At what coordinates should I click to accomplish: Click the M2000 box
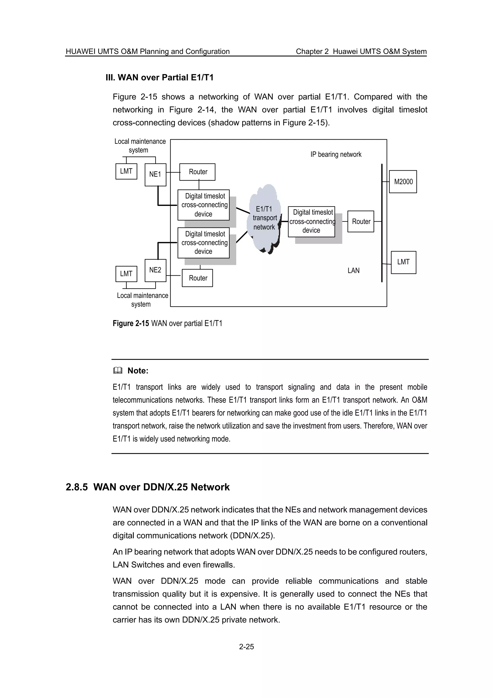pyautogui.click(x=403, y=182)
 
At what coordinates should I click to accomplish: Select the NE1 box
pyautogui.click(x=155, y=174)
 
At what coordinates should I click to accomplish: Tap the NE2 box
pyautogui.click(x=155, y=270)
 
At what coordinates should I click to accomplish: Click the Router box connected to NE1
pyautogui.click(x=197, y=172)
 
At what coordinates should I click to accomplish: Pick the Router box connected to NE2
pyautogui.click(x=197, y=278)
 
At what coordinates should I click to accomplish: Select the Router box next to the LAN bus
pyautogui.click(x=361, y=221)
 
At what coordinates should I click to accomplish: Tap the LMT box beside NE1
pyautogui.click(x=126, y=171)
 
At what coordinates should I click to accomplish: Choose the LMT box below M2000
pyautogui.click(x=403, y=262)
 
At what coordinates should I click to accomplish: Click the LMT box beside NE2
pyautogui.click(x=126, y=274)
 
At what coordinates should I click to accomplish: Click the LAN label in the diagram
pyautogui.click(x=353, y=270)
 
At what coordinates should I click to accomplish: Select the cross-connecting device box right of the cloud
pyautogui.click(x=311, y=221)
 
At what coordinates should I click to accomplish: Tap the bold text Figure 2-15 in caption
pyautogui.click(x=131, y=323)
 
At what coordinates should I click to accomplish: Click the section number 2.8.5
pyautogui.click(x=77, y=487)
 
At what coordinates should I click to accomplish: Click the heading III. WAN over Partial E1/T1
pyautogui.click(x=159, y=78)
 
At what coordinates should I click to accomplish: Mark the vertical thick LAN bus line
pyautogui.click(x=382, y=223)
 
